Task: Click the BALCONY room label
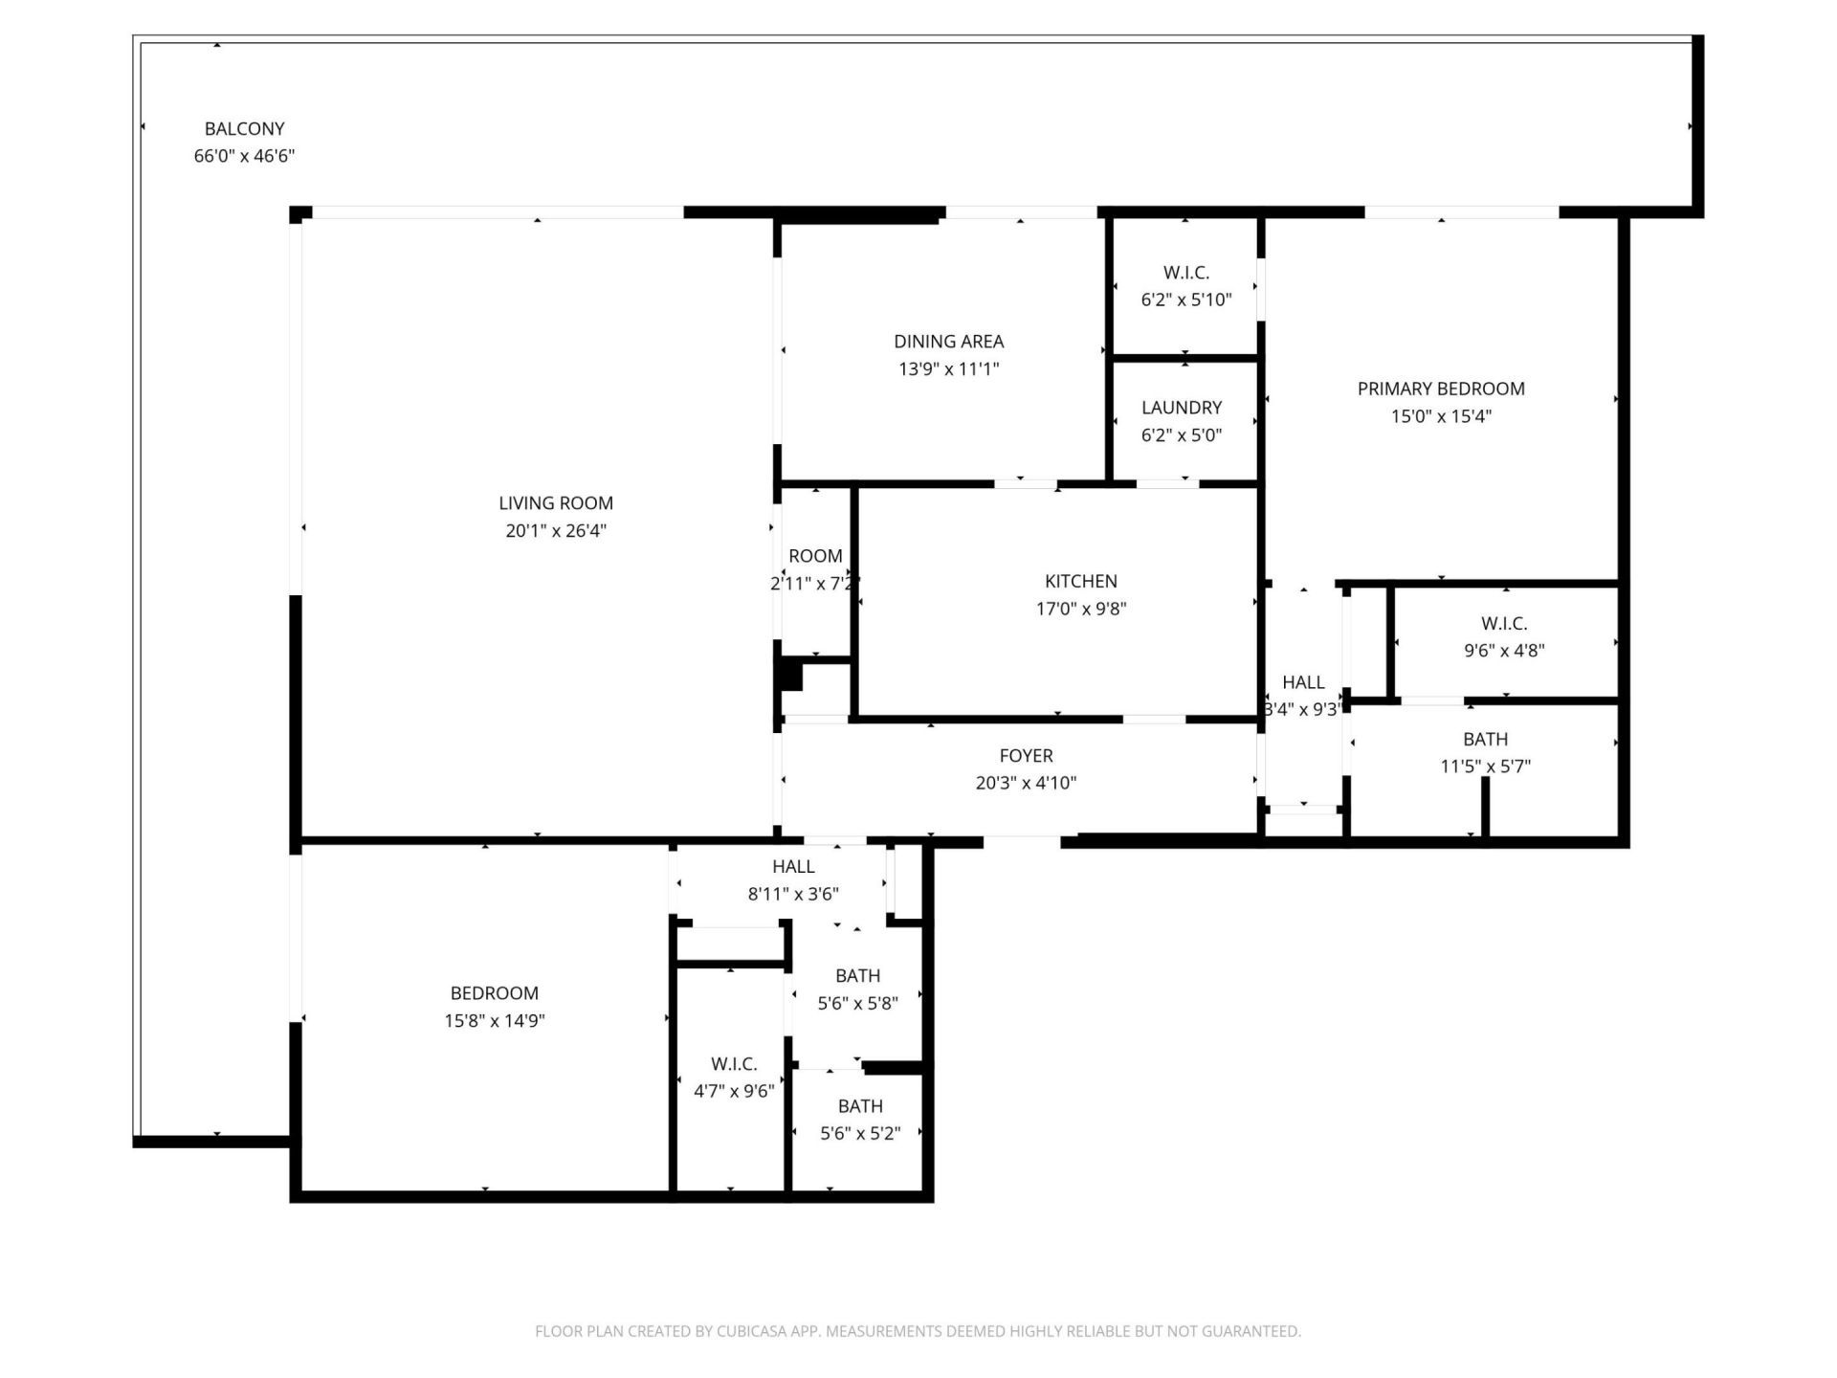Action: (244, 128)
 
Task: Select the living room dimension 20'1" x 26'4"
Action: (556, 530)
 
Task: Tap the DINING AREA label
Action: (948, 341)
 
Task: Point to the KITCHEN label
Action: (1080, 581)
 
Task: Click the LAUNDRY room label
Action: (1181, 408)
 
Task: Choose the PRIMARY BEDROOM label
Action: (1440, 389)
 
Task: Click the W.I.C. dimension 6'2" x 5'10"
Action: (1185, 300)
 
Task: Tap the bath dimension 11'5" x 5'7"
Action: (1485, 766)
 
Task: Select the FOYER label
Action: (1026, 755)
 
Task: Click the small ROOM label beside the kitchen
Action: (815, 556)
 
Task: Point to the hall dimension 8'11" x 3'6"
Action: (793, 894)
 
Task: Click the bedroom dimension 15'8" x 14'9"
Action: (494, 1020)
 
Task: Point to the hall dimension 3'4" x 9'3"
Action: (1302, 709)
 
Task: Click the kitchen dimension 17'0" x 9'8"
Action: (1080, 609)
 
